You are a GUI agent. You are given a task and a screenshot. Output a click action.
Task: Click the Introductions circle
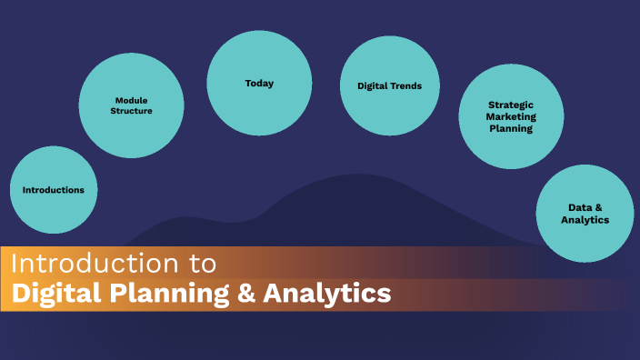click(x=54, y=190)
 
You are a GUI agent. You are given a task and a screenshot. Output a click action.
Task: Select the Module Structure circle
click(x=133, y=105)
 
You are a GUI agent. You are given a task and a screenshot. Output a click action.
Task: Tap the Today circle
click(x=259, y=84)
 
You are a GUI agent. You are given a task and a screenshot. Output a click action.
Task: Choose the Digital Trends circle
click(x=390, y=86)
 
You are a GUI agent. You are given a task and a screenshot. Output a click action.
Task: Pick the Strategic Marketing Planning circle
click(x=512, y=116)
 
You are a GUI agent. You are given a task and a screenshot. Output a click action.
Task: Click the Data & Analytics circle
click(x=585, y=214)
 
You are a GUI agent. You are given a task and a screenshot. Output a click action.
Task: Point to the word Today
click(x=259, y=84)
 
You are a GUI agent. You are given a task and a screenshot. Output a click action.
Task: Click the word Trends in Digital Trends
click(x=407, y=86)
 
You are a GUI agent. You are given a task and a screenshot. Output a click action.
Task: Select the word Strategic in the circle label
click(x=512, y=105)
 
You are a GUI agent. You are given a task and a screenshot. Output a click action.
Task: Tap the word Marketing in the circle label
click(x=512, y=116)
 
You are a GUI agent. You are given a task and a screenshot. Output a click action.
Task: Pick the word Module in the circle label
click(x=132, y=99)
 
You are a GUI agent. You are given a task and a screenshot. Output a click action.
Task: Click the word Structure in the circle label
click(x=133, y=111)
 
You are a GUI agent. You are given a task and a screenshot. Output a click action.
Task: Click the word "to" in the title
click(x=205, y=264)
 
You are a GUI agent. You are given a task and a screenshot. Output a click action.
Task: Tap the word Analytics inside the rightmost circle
click(x=585, y=220)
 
